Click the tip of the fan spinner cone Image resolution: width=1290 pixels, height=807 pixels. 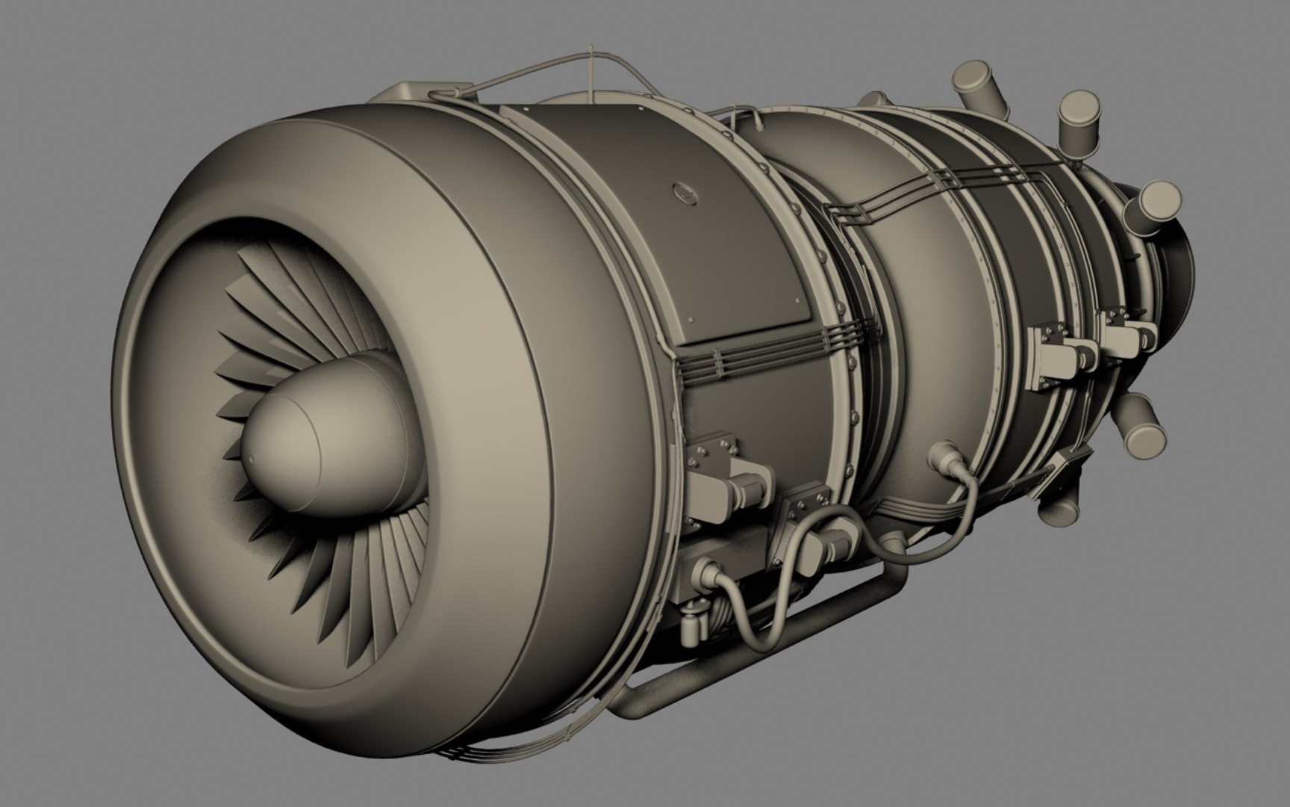tap(252, 457)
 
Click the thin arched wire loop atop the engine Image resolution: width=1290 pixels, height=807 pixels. tap(590, 64)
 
